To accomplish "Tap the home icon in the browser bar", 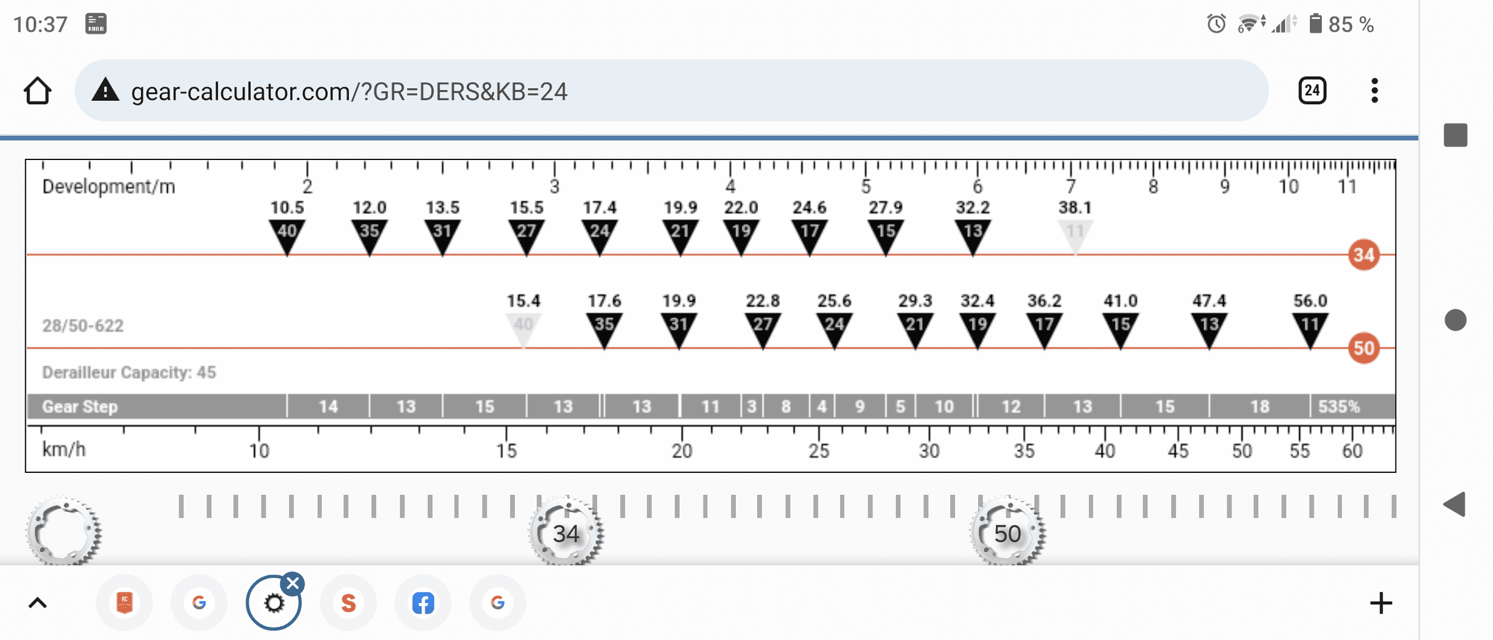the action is [38, 91].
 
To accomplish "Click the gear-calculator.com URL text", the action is [349, 91].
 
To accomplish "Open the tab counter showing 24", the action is [1312, 91].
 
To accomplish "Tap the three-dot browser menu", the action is [1375, 91].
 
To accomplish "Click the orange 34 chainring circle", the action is [1364, 255].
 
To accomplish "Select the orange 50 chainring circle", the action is [1364, 348].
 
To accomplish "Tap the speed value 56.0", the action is [1310, 300].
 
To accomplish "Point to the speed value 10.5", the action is [287, 207].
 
